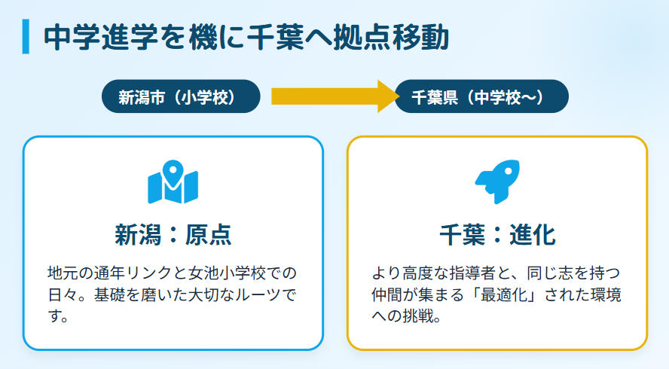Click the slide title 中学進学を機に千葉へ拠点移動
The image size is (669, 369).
pyautogui.click(x=246, y=38)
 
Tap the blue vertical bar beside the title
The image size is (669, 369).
pyautogui.click(x=26, y=38)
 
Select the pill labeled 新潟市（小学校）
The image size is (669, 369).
pyautogui.click(x=181, y=96)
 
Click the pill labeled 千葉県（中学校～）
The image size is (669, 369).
pyautogui.click(x=481, y=96)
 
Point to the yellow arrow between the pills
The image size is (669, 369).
pyautogui.click(x=331, y=96)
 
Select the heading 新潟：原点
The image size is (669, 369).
pyautogui.click(x=173, y=235)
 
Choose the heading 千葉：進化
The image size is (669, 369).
pyautogui.click(x=496, y=235)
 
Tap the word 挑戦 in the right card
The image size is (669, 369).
pyautogui.click(x=417, y=316)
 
